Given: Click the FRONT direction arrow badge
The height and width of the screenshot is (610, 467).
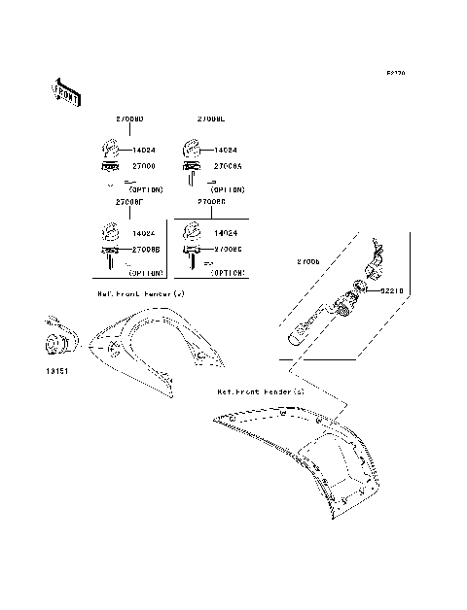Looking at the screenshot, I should tap(65, 90).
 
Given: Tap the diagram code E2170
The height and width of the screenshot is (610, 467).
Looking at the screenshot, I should tap(396, 73).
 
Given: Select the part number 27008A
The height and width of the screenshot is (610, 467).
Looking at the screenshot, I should tap(227, 166).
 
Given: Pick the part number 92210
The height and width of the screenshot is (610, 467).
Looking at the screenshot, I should tap(392, 290).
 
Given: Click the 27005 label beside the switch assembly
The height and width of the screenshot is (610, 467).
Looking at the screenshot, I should tap(309, 262).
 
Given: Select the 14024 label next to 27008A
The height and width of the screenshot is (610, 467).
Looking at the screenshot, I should tap(226, 152).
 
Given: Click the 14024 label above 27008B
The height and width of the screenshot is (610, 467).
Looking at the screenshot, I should tap(144, 234).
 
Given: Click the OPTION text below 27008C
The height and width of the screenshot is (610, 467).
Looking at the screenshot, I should tap(228, 272).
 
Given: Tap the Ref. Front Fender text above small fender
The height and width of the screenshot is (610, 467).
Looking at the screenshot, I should tap(141, 292).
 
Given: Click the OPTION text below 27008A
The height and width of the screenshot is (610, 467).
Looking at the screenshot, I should tap(228, 188).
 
